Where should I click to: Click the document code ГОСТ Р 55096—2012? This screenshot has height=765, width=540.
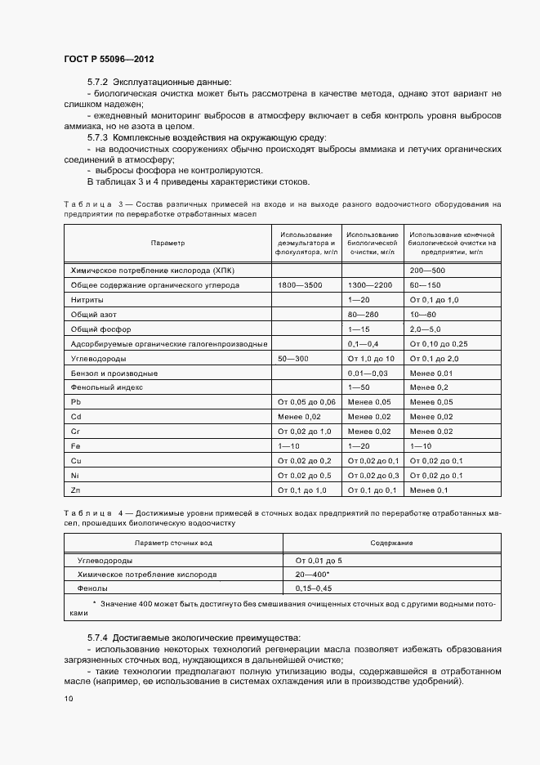[x=109, y=60]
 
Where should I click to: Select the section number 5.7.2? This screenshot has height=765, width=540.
[x=98, y=83]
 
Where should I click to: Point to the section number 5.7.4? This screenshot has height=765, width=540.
[x=98, y=637]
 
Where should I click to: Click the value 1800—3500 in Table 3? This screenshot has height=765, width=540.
[x=301, y=284]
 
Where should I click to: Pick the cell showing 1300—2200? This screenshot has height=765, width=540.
[x=370, y=284]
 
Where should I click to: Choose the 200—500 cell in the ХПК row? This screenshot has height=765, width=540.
[x=426, y=270]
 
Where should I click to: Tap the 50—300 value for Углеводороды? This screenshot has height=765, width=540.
[x=292, y=358]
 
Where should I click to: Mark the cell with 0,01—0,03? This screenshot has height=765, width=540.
[x=368, y=373]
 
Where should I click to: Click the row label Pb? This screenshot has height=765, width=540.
[x=76, y=402]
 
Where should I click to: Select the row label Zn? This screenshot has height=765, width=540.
[x=76, y=490]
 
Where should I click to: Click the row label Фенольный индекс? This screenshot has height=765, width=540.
[x=107, y=387]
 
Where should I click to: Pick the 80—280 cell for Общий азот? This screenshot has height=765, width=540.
[x=364, y=314]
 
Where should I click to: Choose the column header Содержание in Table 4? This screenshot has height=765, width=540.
[x=391, y=543]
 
